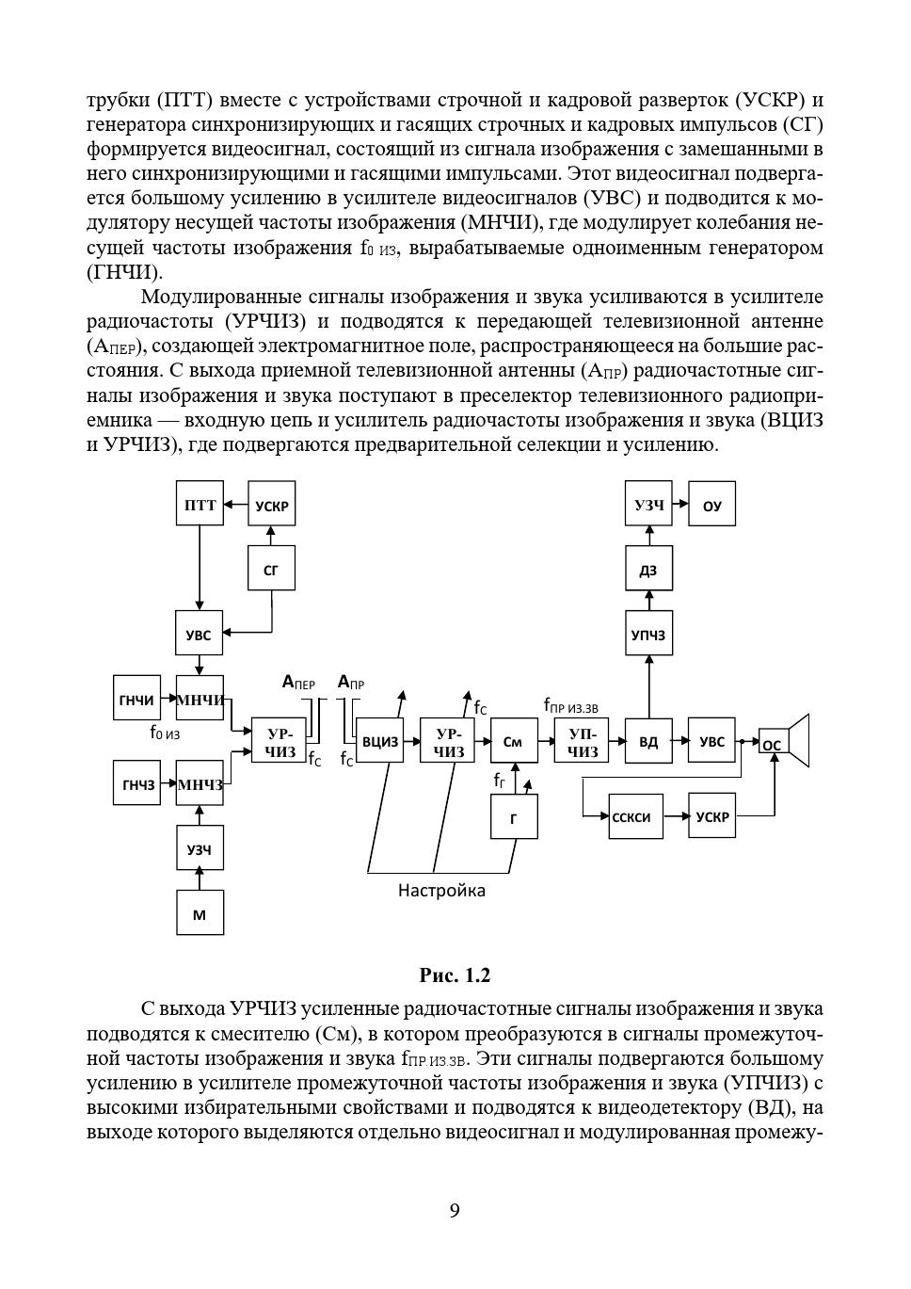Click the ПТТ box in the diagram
[x=200, y=504]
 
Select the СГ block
[x=271, y=568]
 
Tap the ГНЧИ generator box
[x=136, y=699]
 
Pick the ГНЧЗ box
[x=136, y=783]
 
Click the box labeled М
[x=200, y=912]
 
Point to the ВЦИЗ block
[x=380, y=741]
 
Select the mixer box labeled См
[x=513, y=741]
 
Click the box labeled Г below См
[x=514, y=816]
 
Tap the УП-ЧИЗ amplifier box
[x=582, y=741]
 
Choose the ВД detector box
[x=648, y=741]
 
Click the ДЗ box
[x=648, y=569]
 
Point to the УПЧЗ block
[x=648, y=635]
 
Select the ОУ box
[x=712, y=505]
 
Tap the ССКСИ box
[x=631, y=816]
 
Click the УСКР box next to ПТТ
[x=271, y=505]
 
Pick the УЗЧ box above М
[x=200, y=848]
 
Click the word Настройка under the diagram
[x=441, y=890]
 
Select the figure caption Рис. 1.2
[x=455, y=975]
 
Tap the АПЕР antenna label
[x=298, y=682]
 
